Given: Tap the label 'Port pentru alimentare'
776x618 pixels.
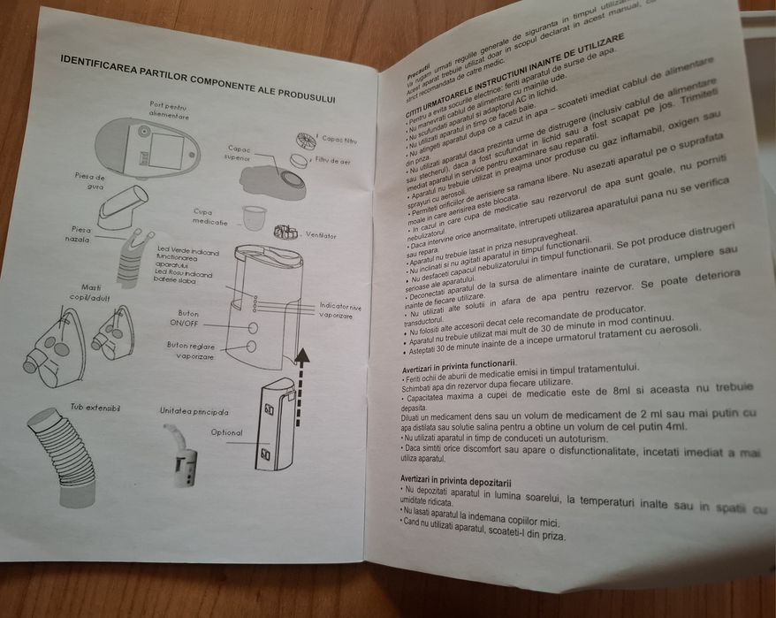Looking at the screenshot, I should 169,111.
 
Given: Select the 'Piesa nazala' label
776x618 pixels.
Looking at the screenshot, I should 77,233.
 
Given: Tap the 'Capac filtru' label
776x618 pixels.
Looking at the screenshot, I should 339,139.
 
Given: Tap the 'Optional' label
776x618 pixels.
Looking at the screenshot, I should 226,432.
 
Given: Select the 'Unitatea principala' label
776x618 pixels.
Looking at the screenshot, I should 194,411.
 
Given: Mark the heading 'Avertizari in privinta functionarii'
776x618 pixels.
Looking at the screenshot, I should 458,363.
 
